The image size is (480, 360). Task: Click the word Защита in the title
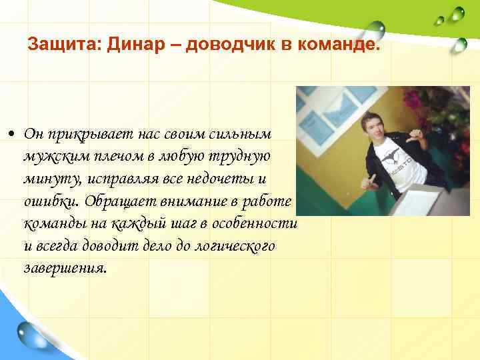55,46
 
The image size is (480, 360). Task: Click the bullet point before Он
13,134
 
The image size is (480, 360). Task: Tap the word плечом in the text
115,157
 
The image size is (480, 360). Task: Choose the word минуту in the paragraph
48,179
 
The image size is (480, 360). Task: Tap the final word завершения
64,268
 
